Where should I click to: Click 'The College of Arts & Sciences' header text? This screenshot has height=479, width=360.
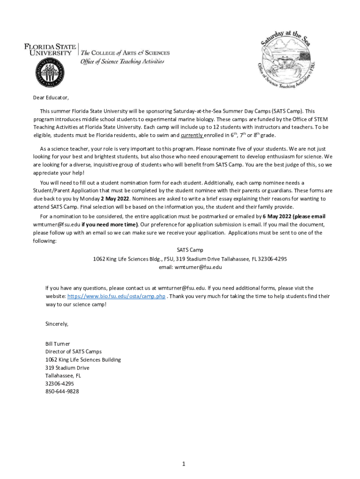tap(125, 53)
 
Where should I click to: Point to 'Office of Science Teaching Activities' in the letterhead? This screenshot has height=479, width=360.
tap(122, 61)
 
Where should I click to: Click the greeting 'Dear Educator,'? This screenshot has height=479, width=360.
tap(50, 98)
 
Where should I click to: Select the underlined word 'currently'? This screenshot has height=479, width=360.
tap(192, 135)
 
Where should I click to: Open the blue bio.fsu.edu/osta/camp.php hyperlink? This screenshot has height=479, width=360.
tap(116, 297)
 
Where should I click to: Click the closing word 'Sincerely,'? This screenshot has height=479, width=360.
tap(57, 324)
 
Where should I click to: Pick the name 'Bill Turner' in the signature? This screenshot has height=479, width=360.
tap(58, 344)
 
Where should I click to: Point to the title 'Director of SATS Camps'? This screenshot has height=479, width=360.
tap(73, 351)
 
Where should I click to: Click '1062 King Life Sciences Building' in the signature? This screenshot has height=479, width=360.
tap(83, 360)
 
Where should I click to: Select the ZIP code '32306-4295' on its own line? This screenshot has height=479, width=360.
tap(59, 383)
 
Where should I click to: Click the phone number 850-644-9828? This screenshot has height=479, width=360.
tap(62, 391)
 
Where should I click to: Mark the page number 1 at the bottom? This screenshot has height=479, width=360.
tap(184, 464)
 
